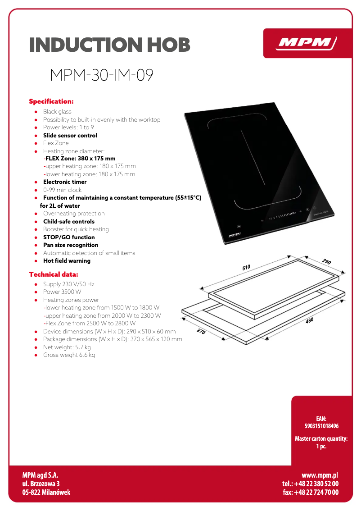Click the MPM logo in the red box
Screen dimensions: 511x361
pos(307,43)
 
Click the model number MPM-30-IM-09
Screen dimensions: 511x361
pos(102,75)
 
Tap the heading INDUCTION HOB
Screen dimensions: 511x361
pos(110,45)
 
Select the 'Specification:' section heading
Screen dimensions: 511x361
pos(51,101)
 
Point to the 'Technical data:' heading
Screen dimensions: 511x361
pos(54,274)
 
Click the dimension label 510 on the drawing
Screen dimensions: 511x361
pos(246,267)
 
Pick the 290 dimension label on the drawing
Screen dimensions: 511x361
pos(326,262)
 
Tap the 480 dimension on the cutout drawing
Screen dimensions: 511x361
pos(309,320)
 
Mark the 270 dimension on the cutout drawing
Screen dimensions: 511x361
pos(201,332)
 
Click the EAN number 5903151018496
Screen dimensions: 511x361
pos(321,426)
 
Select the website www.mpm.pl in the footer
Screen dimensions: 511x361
pos(320,475)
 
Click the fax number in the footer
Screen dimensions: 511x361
pos(311,492)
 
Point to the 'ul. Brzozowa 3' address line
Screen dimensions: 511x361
pos(41,484)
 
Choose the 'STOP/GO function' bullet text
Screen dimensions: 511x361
pos(69,237)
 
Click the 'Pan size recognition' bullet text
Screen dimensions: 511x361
pos(71,245)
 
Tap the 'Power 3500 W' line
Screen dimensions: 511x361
pos(62,292)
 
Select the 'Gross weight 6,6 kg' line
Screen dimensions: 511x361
pos(69,355)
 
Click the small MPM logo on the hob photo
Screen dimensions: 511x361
pos(234,235)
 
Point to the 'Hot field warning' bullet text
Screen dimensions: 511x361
pos(67,261)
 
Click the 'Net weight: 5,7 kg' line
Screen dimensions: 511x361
pos(67,347)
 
